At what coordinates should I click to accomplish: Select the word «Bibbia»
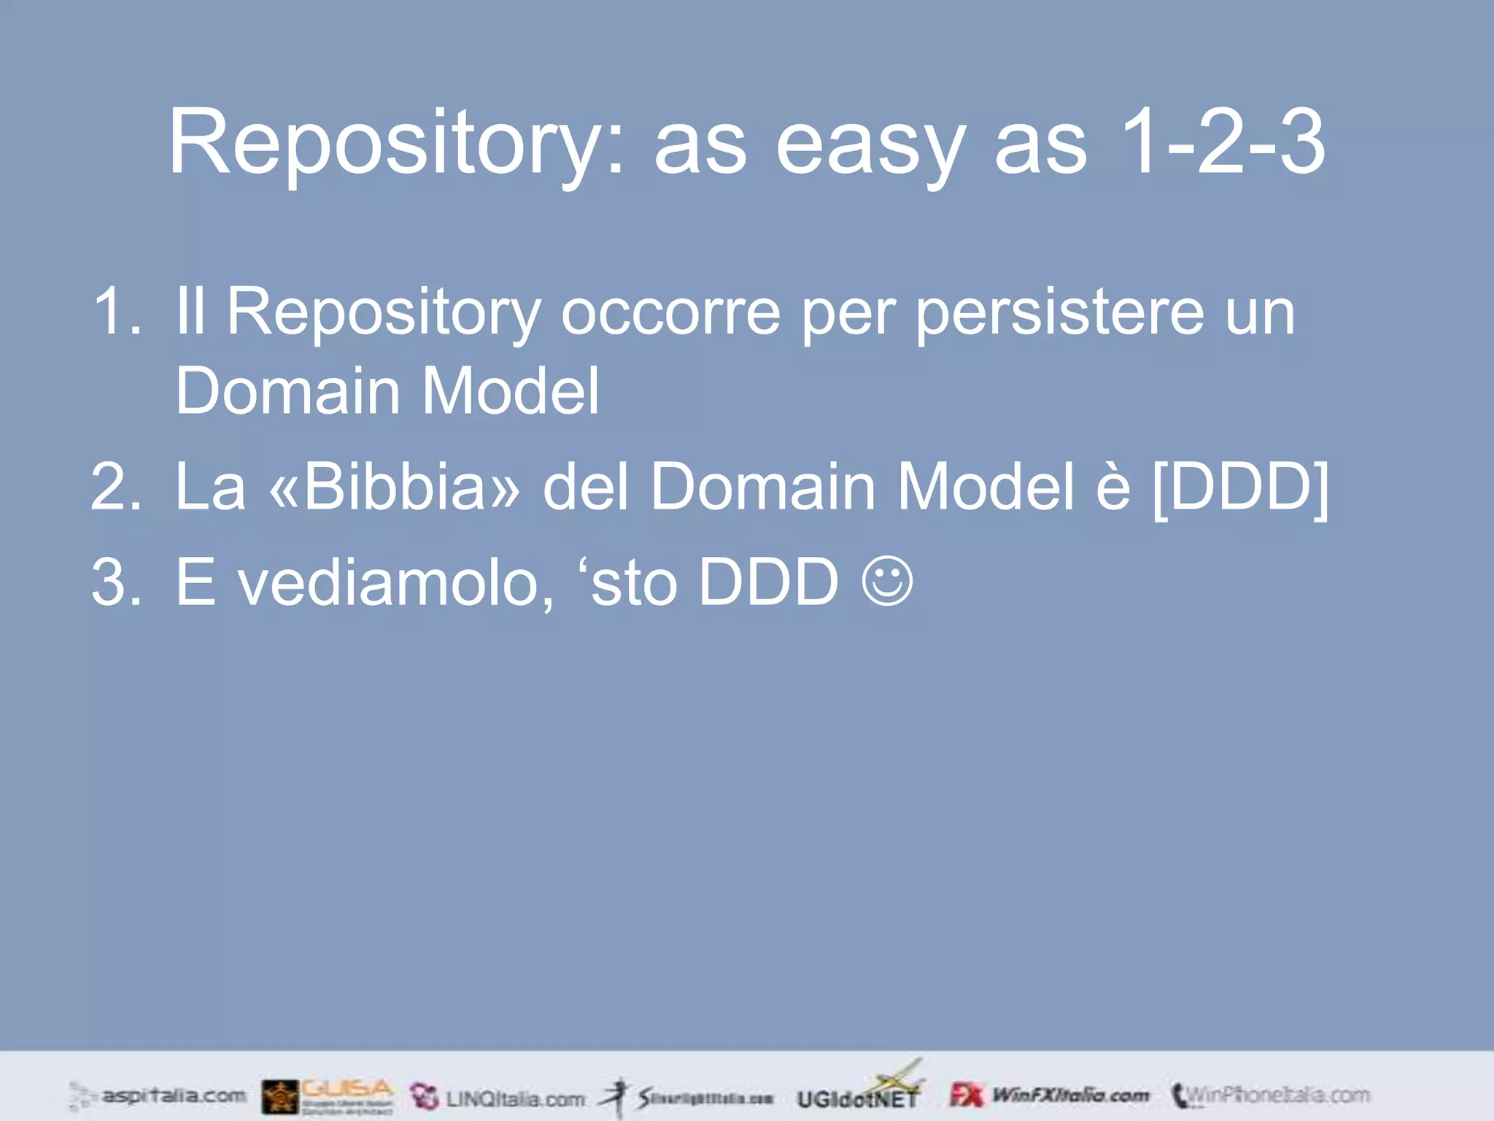pos(395,487)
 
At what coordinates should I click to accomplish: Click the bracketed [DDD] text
pos(1240,487)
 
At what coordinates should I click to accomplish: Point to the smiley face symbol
pos(887,581)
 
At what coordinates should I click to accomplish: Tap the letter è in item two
pos(1112,487)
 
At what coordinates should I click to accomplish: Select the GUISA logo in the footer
pos(329,1096)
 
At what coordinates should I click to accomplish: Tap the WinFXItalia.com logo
pos(1050,1095)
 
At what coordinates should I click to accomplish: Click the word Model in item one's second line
pos(511,391)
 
